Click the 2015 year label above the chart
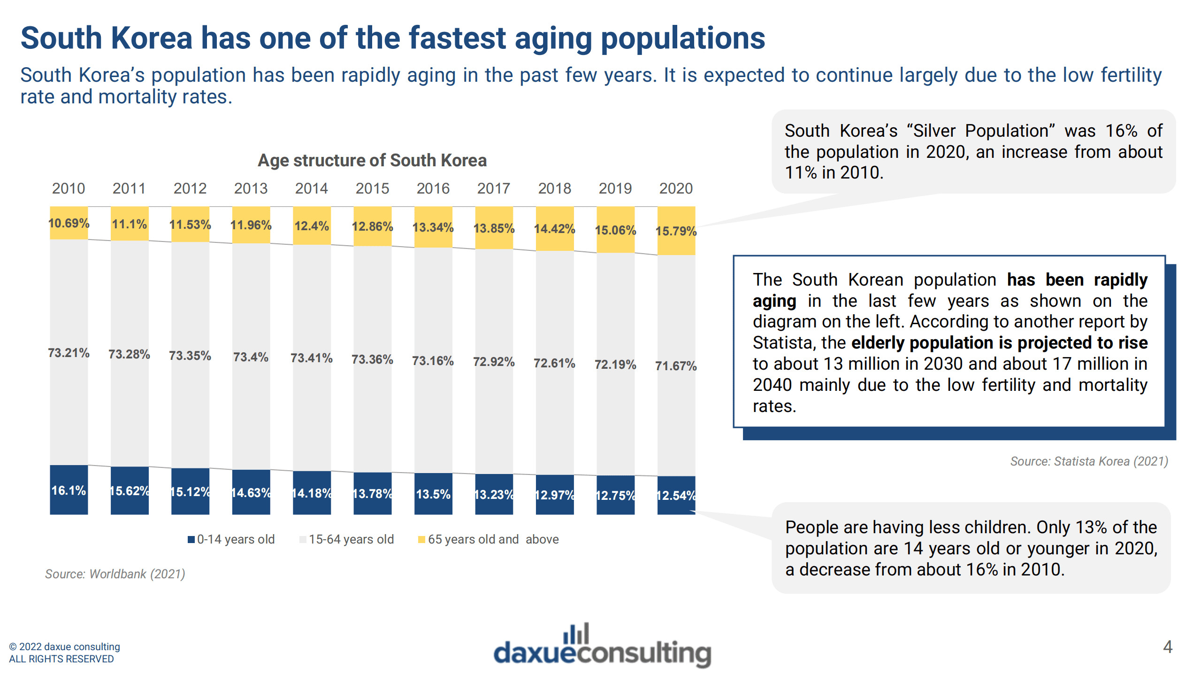(372, 188)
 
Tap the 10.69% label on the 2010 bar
(69, 223)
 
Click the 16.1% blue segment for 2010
(69, 490)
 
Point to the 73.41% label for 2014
(311, 358)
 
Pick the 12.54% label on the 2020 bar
(676, 496)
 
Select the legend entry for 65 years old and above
(489, 539)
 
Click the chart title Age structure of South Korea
(372, 160)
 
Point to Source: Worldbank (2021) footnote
(115, 574)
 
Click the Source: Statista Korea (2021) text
(1089, 461)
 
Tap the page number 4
(1168, 647)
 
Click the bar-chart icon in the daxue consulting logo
(576, 634)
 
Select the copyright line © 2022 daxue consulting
(65, 647)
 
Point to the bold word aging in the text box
(774, 301)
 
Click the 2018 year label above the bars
(554, 188)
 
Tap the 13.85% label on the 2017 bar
(494, 228)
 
